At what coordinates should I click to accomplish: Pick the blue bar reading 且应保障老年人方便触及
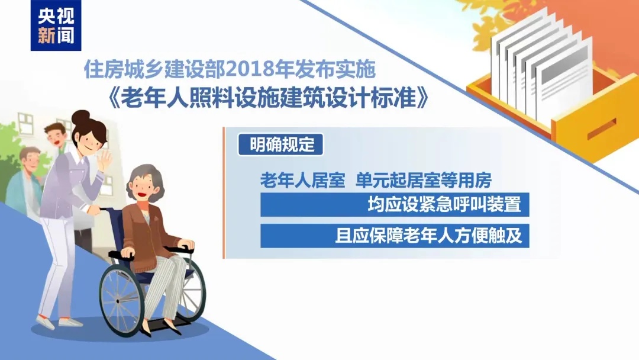click(x=394, y=236)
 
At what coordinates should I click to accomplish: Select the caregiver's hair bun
click(x=81, y=117)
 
